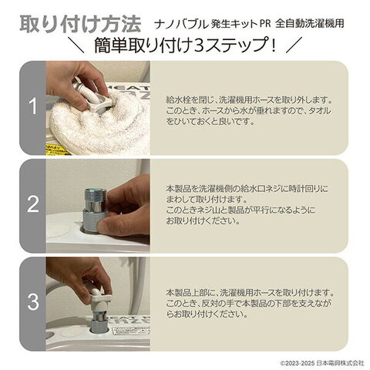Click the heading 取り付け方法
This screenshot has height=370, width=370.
pos(80,25)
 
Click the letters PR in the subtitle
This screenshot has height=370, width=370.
pos(265,24)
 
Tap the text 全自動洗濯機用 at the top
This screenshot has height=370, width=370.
pos(310,24)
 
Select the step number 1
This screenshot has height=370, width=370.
pos(33,106)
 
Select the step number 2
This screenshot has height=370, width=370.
pos(33,204)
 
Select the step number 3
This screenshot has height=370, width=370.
pos(33,301)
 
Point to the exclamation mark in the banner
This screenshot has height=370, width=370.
pos(274,45)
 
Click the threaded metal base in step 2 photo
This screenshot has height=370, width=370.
pos(90,220)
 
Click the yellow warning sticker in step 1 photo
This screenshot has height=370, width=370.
pos(58,150)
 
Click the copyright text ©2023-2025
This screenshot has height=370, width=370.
pos(298,363)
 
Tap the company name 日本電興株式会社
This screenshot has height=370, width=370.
pos(340,363)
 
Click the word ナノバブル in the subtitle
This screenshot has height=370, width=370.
pos(181,24)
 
